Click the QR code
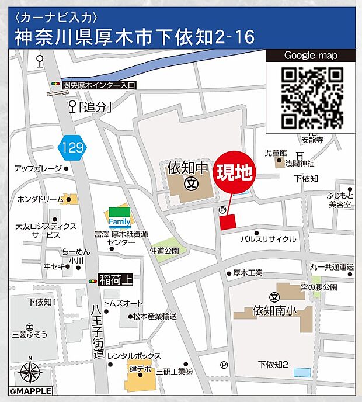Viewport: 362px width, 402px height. [x=312, y=98]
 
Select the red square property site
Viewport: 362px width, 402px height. [x=227, y=221]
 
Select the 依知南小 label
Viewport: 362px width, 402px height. [x=275, y=311]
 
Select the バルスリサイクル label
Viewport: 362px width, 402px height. [x=269, y=239]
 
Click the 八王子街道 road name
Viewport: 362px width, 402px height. [x=98, y=330]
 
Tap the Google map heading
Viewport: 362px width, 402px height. [x=311, y=56]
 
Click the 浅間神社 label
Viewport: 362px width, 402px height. [x=300, y=163]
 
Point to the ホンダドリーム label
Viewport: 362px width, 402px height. [x=40, y=199]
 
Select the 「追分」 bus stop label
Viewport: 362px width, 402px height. [x=96, y=106]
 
